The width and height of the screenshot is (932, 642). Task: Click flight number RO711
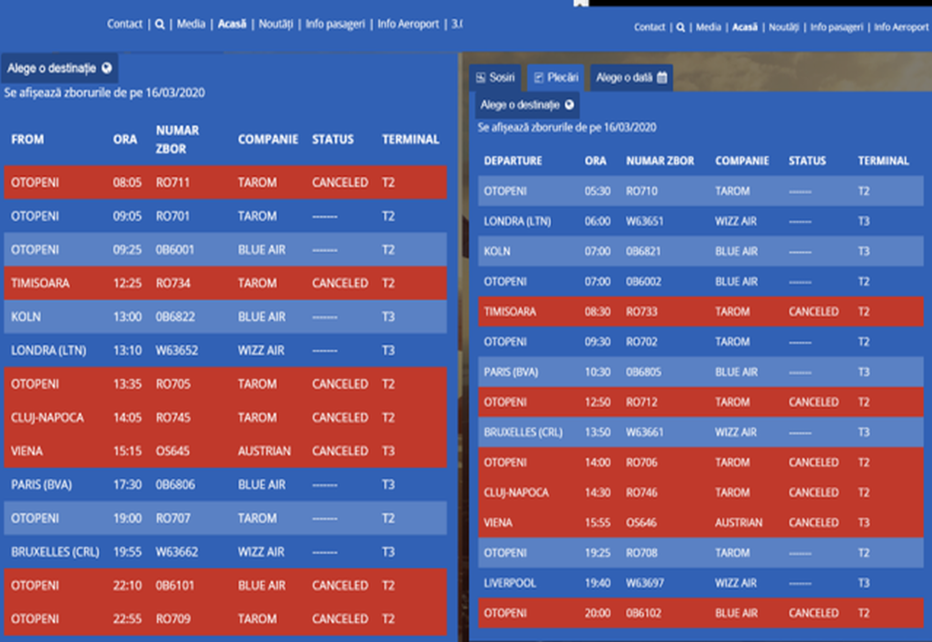click(x=172, y=182)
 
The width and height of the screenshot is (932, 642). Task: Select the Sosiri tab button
click(x=496, y=77)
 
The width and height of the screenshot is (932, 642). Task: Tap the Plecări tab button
click(x=556, y=77)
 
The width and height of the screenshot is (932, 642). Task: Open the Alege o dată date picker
click(x=631, y=77)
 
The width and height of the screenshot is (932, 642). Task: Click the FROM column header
click(x=28, y=139)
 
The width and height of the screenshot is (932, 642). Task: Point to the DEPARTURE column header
click(x=513, y=160)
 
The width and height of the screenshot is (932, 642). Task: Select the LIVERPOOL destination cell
click(x=510, y=583)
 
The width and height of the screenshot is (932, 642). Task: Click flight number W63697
click(x=646, y=583)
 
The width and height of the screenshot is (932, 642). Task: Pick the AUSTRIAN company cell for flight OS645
click(x=264, y=451)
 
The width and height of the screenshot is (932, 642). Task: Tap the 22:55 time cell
click(x=128, y=619)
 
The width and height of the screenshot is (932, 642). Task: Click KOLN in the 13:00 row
click(x=26, y=316)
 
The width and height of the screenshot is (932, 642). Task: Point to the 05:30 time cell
click(x=597, y=190)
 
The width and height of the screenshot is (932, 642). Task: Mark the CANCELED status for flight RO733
click(x=813, y=312)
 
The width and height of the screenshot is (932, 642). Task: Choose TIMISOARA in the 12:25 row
click(x=40, y=283)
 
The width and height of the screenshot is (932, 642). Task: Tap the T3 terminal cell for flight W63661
click(x=864, y=432)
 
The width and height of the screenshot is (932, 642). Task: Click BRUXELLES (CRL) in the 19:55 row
click(x=54, y=551)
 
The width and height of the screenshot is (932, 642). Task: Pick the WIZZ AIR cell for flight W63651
click(x=736, y=221)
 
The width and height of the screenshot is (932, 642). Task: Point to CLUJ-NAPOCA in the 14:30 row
click(x=516, y=492)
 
